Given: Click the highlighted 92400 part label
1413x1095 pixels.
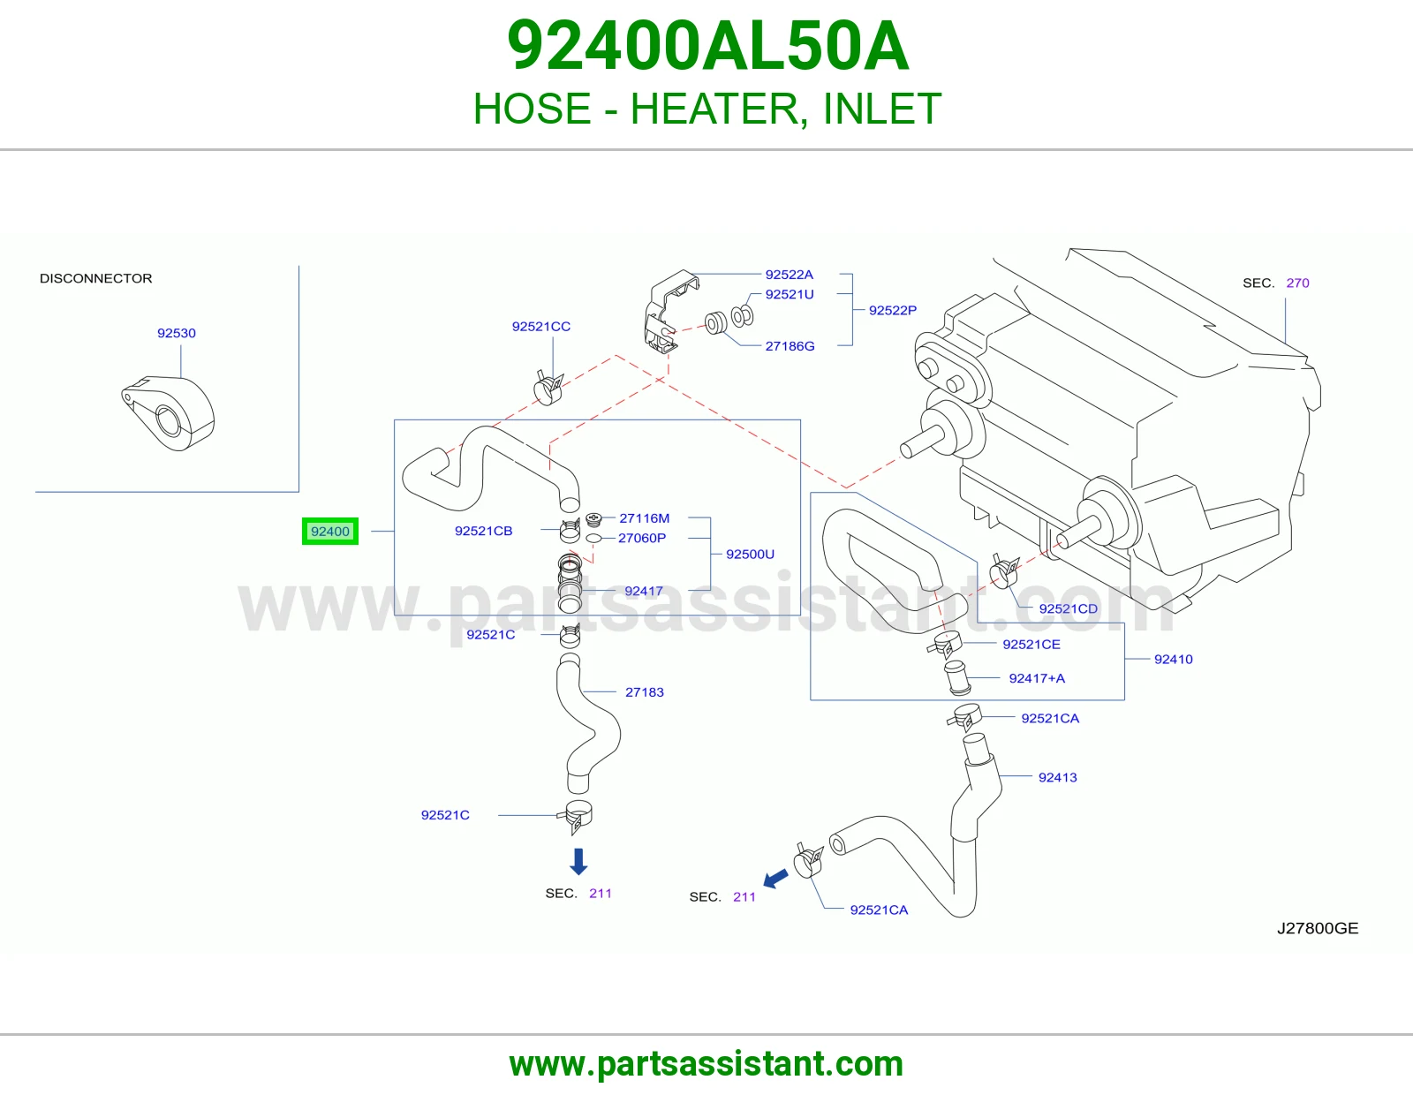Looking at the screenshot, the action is click(x=329, y=532).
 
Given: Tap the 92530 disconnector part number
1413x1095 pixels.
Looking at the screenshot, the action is click(x=177, y=333).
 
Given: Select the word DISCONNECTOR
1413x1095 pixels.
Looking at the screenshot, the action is click(x=95, y=278).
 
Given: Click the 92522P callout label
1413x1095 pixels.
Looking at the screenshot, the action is click(x=892, y=310).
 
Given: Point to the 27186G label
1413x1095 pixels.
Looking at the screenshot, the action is click(x=790, y=346).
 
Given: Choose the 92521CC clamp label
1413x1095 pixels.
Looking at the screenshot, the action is click(x=541, y=327).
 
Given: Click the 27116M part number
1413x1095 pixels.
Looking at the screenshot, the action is click(x=644, y=518).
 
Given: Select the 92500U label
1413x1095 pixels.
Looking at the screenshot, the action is click(x=750, y=554).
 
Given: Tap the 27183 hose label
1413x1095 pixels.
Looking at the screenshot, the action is click(x=645, y=691).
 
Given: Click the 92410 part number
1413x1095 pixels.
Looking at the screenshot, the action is click(x=1173, y=659).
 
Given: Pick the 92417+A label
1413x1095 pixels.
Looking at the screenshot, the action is click(x=1037, y=678).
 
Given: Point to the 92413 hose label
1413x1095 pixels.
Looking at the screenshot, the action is click(x=1057, y=777).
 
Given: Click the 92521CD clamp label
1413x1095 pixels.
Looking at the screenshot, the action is click(x=1068, y=608).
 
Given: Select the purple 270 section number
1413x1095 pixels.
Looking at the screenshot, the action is click(x=1297, y=283).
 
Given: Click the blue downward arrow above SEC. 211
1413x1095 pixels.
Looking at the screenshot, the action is click(x=578, y=862).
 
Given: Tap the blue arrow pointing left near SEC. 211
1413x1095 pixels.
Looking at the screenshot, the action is click(x=775, y=880).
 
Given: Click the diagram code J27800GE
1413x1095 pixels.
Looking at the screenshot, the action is click(x=1318, y=928).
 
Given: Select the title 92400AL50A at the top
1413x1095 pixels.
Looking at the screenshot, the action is click(x=706, y=46).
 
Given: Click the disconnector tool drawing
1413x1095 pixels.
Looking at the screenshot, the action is click(x=168, y=413).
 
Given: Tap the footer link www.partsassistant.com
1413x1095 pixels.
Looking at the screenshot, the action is click(x=706, y=1064).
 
